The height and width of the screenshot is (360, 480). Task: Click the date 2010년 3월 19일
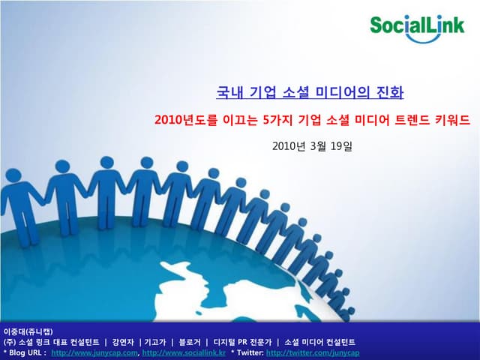311,145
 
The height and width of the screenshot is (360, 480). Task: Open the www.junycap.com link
95,352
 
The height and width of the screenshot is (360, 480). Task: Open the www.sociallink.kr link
184,352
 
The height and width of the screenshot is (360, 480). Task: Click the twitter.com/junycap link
313,352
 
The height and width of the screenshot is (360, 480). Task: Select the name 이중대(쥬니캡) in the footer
27,331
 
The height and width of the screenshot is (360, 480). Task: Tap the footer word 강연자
124,342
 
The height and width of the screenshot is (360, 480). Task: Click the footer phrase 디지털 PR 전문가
241,342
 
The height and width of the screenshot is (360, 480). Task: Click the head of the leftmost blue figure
13,175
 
